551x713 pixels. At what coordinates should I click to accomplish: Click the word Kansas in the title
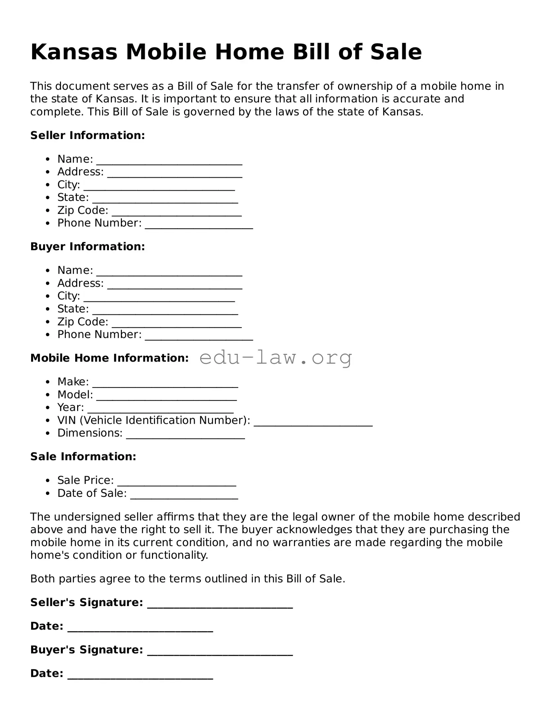[74, 52]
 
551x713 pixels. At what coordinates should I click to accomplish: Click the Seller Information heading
[87, 135]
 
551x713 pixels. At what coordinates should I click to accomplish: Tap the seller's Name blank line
[169, 162]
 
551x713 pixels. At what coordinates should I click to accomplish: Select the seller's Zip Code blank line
[176, 214]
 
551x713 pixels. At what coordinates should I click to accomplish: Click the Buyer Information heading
[87, 247]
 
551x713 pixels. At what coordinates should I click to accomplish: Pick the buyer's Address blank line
[175, 286]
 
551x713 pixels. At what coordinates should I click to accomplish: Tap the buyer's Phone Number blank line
[199, 338]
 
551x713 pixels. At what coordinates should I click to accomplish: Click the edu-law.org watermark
[275, 358]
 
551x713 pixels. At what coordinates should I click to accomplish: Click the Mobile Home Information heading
[109, 358]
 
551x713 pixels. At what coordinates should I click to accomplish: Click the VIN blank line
[313, 423]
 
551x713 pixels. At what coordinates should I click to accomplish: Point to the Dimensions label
[90, 433]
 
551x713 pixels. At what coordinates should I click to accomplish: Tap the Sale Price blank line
[176, 483]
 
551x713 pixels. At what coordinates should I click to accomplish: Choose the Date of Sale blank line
[184, 496]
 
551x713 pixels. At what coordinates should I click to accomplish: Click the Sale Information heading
[83, 457]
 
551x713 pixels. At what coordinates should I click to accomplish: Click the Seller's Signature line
[220, 605]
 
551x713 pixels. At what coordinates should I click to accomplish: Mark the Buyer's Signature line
[220, 653]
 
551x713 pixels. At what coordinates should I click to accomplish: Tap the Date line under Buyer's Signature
[140, 676]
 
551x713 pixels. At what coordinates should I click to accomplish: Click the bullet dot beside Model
[48, 395]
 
